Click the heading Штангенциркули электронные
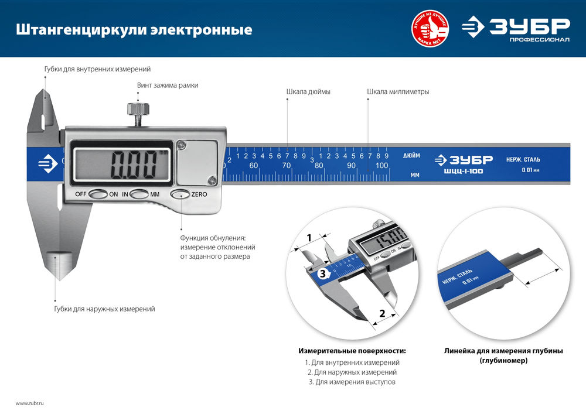pyautogui.click(x=134, y=29)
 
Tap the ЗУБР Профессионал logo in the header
pyautogui.click(x=515, y=29)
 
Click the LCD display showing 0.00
pyautogui.click(x=121, y=166)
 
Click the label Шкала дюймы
pyautogui.click(x=308, y=92)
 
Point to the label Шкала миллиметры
pyautogui.click(x=398, y=92)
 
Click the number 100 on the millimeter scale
pyautogui.click(x=381, y=166)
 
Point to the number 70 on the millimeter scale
pyautogui.click(x=286, y=166)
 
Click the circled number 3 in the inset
pyautogui.click(x=321, y=273)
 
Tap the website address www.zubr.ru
pyautogui.click(x=30, y=403)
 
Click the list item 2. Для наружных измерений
pyautogui.click(x=352, y=372)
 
